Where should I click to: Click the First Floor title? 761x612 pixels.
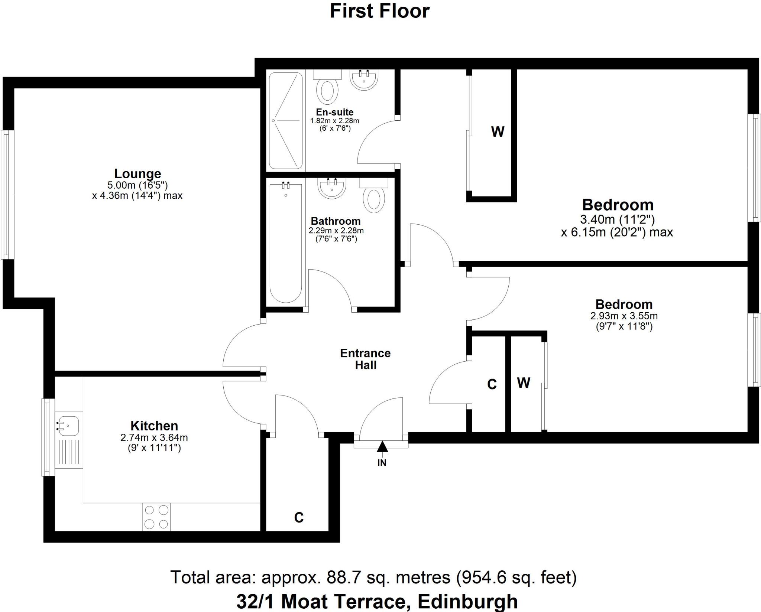(x=379, y=11)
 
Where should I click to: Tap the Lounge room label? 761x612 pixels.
(x=137, y=173)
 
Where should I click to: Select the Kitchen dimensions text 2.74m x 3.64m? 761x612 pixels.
(x=154, y=437)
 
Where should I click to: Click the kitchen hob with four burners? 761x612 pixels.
(x=156, y=517)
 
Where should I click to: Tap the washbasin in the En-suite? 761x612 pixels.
(x=364, y=79)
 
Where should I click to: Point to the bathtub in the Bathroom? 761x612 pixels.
(x=285, y=241)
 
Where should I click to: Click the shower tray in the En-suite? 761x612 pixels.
(x=285, y=120)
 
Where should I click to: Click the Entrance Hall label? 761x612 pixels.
(x=365, y=359)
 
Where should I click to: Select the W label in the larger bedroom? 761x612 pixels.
(x=498, y=131)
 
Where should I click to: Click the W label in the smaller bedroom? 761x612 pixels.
(x=523, y=382)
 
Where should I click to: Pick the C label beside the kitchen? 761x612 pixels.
(x=299, y=517)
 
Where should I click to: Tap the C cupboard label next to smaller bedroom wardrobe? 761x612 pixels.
(x=492, y=384)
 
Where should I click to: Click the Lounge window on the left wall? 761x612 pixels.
(x=7, y=194)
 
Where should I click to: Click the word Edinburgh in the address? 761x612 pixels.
(x=467, y=601)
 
